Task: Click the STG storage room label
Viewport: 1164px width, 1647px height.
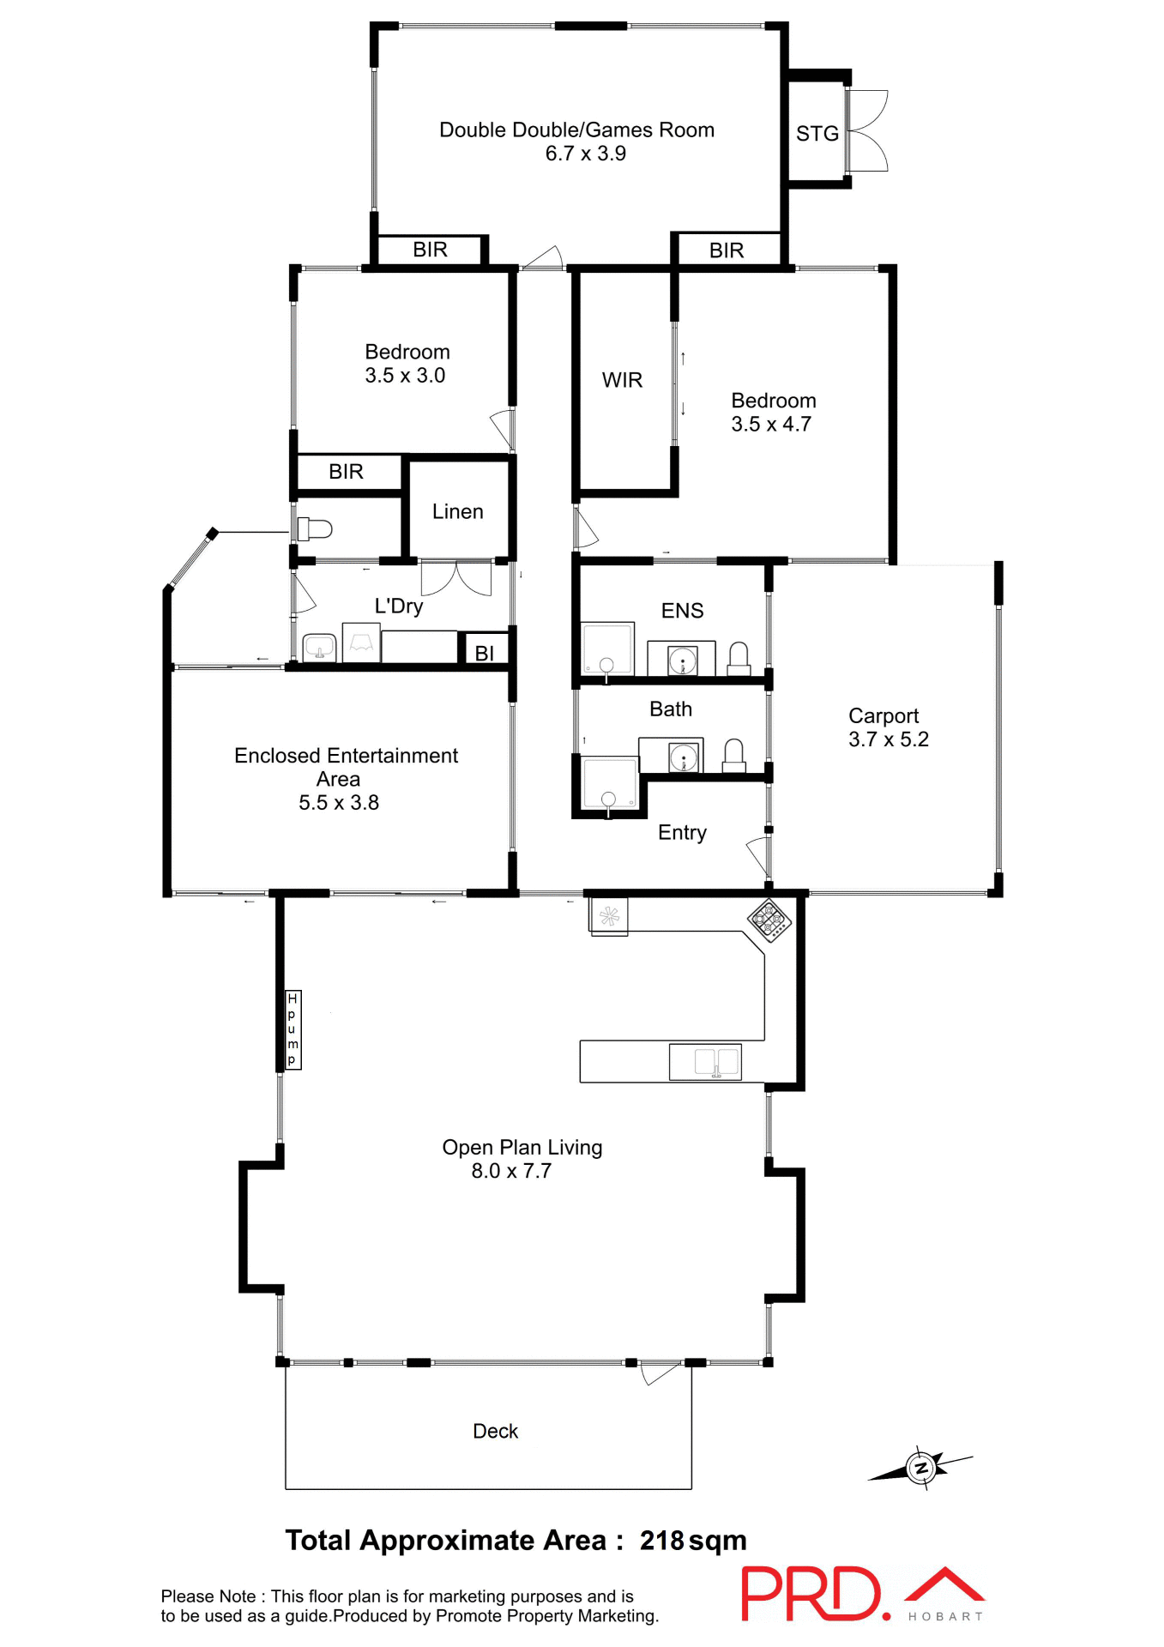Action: click(817, 134)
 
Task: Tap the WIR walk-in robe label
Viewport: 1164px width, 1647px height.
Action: click(622, 380)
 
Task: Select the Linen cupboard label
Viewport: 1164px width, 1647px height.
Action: click(457, 512)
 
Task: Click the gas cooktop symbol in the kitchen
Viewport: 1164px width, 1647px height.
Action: click(769, 920)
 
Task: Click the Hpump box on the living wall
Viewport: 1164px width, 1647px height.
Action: click(293, 1029)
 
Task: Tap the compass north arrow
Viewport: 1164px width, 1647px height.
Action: click(921, 1468)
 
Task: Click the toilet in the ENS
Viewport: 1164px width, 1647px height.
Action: click(739, 657)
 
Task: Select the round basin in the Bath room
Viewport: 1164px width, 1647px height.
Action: click(684, 757)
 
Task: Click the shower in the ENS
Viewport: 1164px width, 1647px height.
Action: click(607, 649)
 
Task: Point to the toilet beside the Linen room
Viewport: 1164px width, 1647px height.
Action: click(314, 528)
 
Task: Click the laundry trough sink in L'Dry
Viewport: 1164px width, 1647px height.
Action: click(319, 647)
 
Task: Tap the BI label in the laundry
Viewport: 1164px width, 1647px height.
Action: click(484, 654)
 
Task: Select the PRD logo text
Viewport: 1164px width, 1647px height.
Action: click(811, 1595)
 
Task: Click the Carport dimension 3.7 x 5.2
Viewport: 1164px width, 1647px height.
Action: click(888, 739)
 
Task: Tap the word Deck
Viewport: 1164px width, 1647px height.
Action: click(495, 1431)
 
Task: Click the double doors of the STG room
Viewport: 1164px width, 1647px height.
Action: click(866, 131)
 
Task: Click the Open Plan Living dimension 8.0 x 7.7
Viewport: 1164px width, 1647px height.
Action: click(510, 1171)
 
